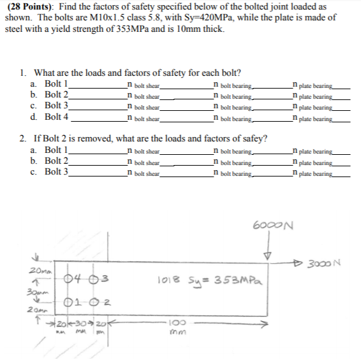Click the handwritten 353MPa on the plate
click(x=237, y=280)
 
